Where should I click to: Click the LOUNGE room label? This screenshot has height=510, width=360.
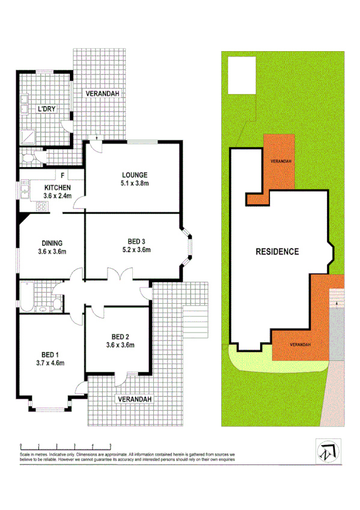pos(133,175)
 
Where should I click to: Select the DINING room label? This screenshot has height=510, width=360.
pos(52,243)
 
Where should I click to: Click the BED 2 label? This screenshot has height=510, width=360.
pos(120,337)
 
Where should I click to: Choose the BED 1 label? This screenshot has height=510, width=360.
pos(50,354)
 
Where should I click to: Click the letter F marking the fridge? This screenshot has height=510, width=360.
pos(62,175)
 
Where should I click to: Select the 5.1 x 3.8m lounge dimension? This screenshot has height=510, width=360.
pos(132,183)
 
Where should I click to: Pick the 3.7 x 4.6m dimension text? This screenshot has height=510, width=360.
pos(50,363)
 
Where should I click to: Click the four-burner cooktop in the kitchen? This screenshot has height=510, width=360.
pos(42,206)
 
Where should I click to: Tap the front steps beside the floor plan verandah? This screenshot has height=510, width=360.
pos(195,322)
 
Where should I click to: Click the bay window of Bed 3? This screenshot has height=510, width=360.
pos(188,248)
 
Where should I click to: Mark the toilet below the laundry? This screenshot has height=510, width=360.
pos(28,158)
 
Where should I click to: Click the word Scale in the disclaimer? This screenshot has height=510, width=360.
pos(25,453)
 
